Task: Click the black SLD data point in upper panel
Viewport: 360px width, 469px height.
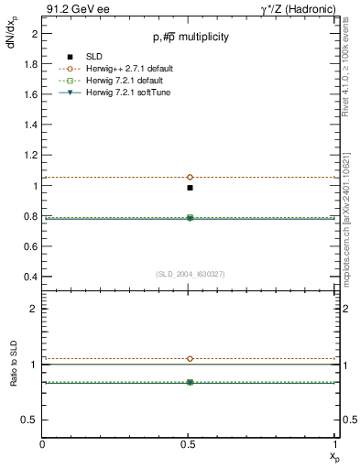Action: tap(190, 188)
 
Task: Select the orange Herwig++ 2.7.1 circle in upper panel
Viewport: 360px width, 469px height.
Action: tap(190, 177)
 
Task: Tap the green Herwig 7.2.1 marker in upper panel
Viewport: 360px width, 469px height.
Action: tap(190, 217)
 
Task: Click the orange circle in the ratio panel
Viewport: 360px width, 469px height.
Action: tap(190, 359)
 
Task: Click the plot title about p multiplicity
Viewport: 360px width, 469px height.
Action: tap(190, 37)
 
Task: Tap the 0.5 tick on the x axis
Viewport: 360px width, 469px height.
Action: tap(190, 444)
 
